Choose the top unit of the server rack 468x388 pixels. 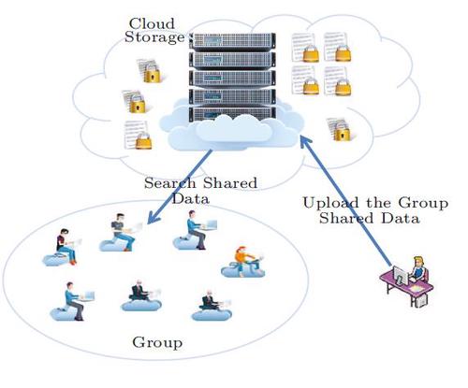(233, 41)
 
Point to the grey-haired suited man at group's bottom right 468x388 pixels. (210, 300)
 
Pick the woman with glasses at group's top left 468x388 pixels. (61, 244)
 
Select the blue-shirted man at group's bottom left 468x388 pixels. (71, 299)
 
